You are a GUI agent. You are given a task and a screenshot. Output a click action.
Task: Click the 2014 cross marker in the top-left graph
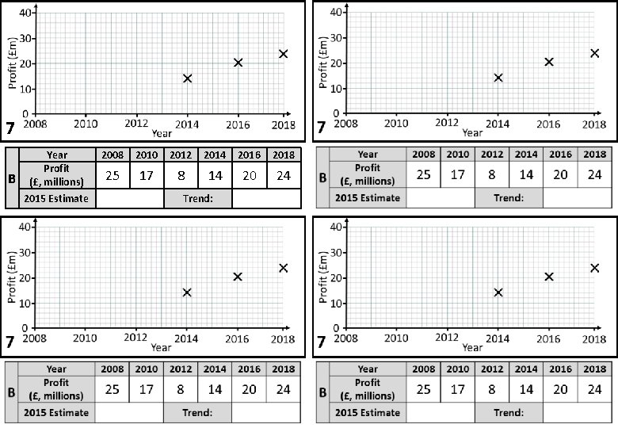[188, 78]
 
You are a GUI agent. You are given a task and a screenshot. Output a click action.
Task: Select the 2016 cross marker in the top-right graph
[549, 62]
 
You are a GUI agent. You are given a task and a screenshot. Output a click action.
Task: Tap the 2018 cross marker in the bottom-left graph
[283, 268]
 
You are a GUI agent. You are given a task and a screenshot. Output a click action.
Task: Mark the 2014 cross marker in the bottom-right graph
[498, 292]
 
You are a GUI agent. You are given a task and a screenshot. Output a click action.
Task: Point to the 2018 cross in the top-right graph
[594, 53]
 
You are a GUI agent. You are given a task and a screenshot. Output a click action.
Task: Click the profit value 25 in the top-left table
[113, 175]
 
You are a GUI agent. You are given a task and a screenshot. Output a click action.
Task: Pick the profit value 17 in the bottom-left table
[147, 389]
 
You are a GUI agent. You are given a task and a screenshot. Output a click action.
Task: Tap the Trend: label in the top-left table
[197, 198]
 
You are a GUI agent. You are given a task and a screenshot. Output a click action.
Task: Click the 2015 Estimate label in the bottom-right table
[367, 412]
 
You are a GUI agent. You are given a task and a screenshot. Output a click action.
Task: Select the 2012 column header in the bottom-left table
[181, 369]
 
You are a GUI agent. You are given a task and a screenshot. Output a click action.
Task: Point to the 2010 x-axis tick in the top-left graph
[86, 124]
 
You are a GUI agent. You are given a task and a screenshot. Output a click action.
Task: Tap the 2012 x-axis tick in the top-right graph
[447, 124]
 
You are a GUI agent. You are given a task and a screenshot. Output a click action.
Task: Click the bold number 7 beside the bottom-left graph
[11, 342]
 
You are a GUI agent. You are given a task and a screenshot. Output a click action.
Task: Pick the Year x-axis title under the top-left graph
[162, 132]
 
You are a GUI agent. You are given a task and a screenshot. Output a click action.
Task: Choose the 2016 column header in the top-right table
[560, 154]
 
